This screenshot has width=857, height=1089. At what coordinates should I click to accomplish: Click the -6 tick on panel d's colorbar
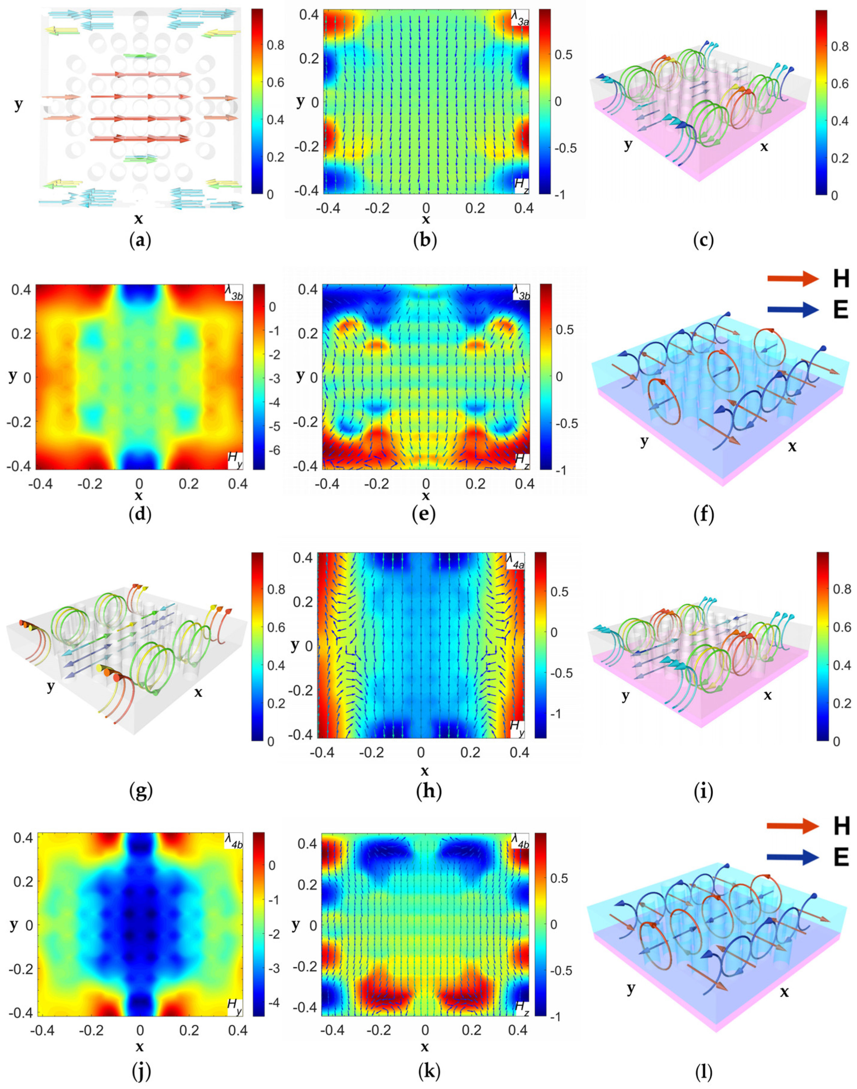(273, 450)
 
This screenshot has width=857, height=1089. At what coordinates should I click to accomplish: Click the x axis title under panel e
(426, 496)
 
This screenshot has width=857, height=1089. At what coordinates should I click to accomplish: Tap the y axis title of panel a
(19, 104)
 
